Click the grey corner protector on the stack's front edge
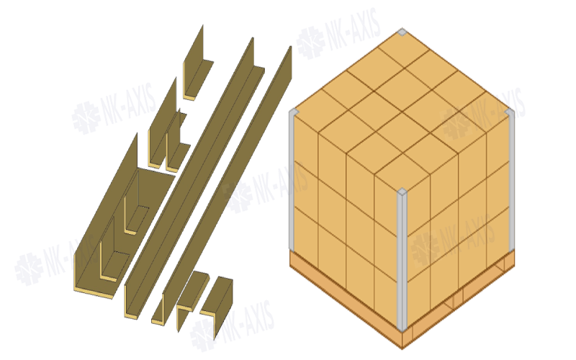(402, 259)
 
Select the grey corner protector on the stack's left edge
(292, 180)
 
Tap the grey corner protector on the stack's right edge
(511, 180)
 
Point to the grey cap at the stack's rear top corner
(402, 32)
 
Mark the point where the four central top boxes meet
(402, 109)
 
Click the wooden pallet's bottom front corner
(402, 349)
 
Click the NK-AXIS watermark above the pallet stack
(338, 34)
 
